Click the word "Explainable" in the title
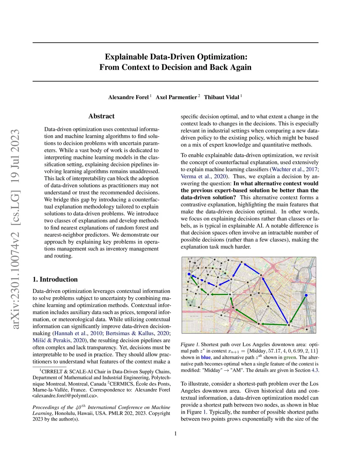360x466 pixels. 126,57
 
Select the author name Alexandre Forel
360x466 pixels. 128,97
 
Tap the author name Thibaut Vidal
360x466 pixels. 221,97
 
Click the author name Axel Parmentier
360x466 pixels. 176,97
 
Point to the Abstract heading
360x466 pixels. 101,116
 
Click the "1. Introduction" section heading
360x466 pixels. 55,280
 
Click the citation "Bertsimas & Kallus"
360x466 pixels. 130,333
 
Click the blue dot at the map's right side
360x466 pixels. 306,295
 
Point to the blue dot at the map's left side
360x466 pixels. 189,274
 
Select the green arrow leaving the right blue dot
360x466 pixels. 297,309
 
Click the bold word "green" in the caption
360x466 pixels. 290,357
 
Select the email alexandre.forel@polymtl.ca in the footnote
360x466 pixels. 65,396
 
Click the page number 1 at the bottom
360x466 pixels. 175,434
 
